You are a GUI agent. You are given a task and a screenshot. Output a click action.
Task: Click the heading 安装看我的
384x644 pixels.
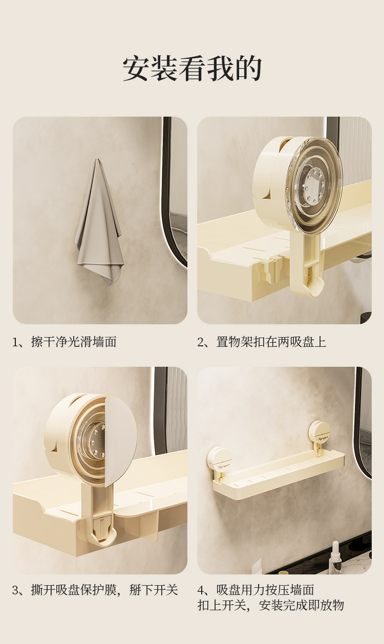[x=192, y=69]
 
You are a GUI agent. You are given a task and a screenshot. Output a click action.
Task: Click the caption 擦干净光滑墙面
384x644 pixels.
[x=74, y=342]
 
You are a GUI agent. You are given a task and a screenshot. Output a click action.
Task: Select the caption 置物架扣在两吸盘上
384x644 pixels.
[x=271, y=342]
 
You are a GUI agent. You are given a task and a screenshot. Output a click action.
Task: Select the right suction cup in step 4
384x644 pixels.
[x=319, y=433]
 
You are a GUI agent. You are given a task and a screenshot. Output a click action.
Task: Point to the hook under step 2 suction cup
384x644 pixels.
[x=307, y=273]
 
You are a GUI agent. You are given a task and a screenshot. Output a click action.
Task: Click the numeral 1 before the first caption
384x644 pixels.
[x=15, y=342]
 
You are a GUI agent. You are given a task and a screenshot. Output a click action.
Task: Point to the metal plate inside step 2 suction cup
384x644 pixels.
[x=314, y=184]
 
